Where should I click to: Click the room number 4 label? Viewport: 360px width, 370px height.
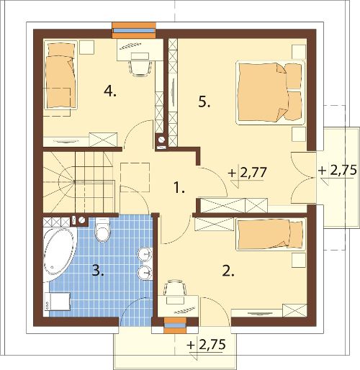coord(110,91)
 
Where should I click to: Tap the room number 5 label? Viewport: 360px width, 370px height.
coord(204,102)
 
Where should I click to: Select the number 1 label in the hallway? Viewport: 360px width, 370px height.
coord(179,188)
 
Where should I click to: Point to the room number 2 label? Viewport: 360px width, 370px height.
coord(228,271)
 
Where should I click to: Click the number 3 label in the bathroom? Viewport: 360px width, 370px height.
coord(98,271)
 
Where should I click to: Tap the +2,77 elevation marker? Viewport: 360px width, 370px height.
coord(248,173)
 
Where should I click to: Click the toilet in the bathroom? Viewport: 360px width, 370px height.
coord(102,230)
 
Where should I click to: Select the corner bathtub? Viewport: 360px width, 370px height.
coord(60,254)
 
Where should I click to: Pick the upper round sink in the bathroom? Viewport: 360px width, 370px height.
coord(145,254)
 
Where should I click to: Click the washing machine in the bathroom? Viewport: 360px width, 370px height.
coord(57,302)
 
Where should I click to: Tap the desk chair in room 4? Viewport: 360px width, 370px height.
coord(140,68)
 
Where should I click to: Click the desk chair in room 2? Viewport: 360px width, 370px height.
coord(175,287)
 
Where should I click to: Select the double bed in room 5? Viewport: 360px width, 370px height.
coord(271,93)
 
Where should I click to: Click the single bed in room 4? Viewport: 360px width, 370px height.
coord(60,75)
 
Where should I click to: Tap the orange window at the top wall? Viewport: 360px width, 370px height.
coord(134,30)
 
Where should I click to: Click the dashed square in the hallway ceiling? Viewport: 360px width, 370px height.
coord(135,177)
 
